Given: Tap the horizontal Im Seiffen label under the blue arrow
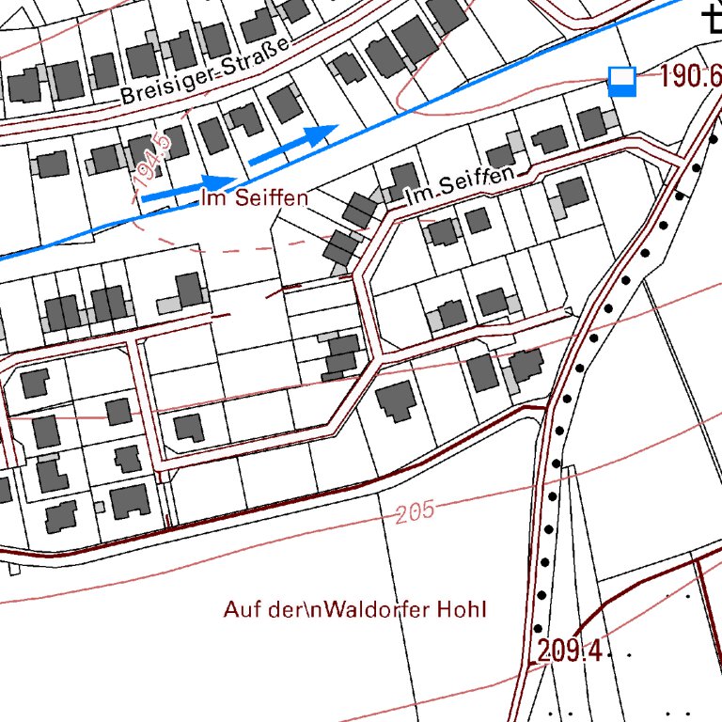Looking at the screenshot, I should point(255,198).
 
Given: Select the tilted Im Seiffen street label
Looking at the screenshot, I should point(461,185).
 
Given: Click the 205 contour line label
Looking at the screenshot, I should point(416,512).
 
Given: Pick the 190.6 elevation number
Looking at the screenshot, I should point(690,77).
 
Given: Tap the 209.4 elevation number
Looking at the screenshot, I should point(570,651).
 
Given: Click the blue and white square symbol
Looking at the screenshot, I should point(621,82).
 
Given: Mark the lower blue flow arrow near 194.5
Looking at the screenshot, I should point(188,188).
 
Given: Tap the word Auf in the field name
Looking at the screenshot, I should point(240,609).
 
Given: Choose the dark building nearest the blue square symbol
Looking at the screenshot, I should point(591,123).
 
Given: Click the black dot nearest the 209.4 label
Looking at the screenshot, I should point(538,629).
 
